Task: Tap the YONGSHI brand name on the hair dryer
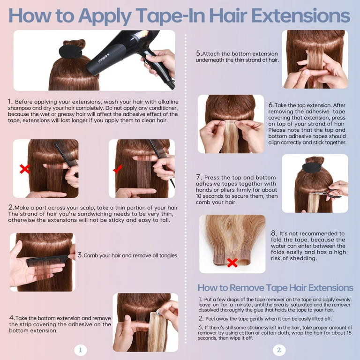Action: [103, 58]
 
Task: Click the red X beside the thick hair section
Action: [25, 169]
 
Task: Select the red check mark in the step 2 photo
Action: [118, 169]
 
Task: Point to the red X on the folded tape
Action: [232, 262]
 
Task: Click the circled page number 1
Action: [80, 350]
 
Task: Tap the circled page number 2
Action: [279, 350]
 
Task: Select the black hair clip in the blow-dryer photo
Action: [70, 52]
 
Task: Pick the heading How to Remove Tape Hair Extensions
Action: [275, 288]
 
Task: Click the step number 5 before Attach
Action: [198, 53]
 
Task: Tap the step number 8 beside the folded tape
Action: [273, 233]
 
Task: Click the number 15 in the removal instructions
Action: [349, 333]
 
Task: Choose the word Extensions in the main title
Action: [300, 15]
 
